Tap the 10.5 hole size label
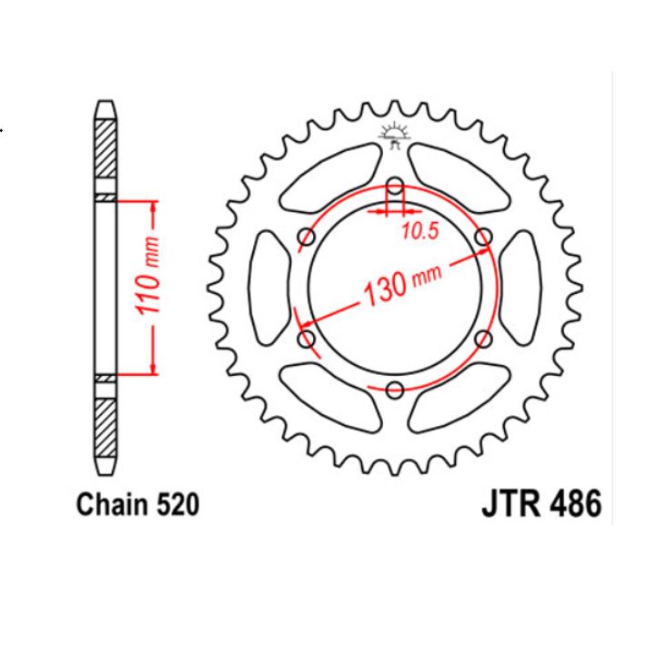coord(419,231)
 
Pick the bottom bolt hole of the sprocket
coord(395,390)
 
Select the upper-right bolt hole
coord(483,238)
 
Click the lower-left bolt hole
coord(307,340)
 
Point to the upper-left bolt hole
coord(307,238)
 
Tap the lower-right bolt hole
coord(483,340)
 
